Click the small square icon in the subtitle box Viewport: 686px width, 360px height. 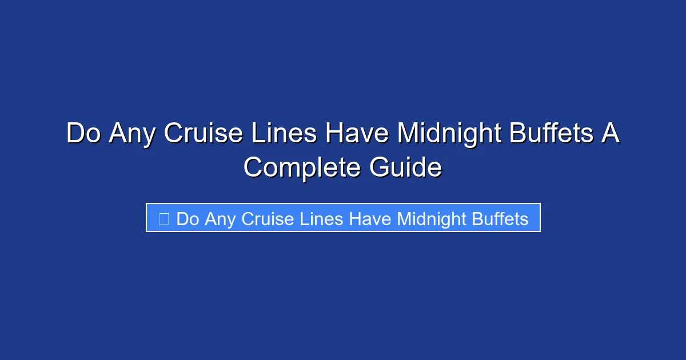pyautogui.click(x=163, y=218)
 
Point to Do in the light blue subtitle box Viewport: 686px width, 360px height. pyautogui.click(x=187, y=218)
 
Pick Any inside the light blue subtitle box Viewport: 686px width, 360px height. pyautogui.click(x=220, y=218)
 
